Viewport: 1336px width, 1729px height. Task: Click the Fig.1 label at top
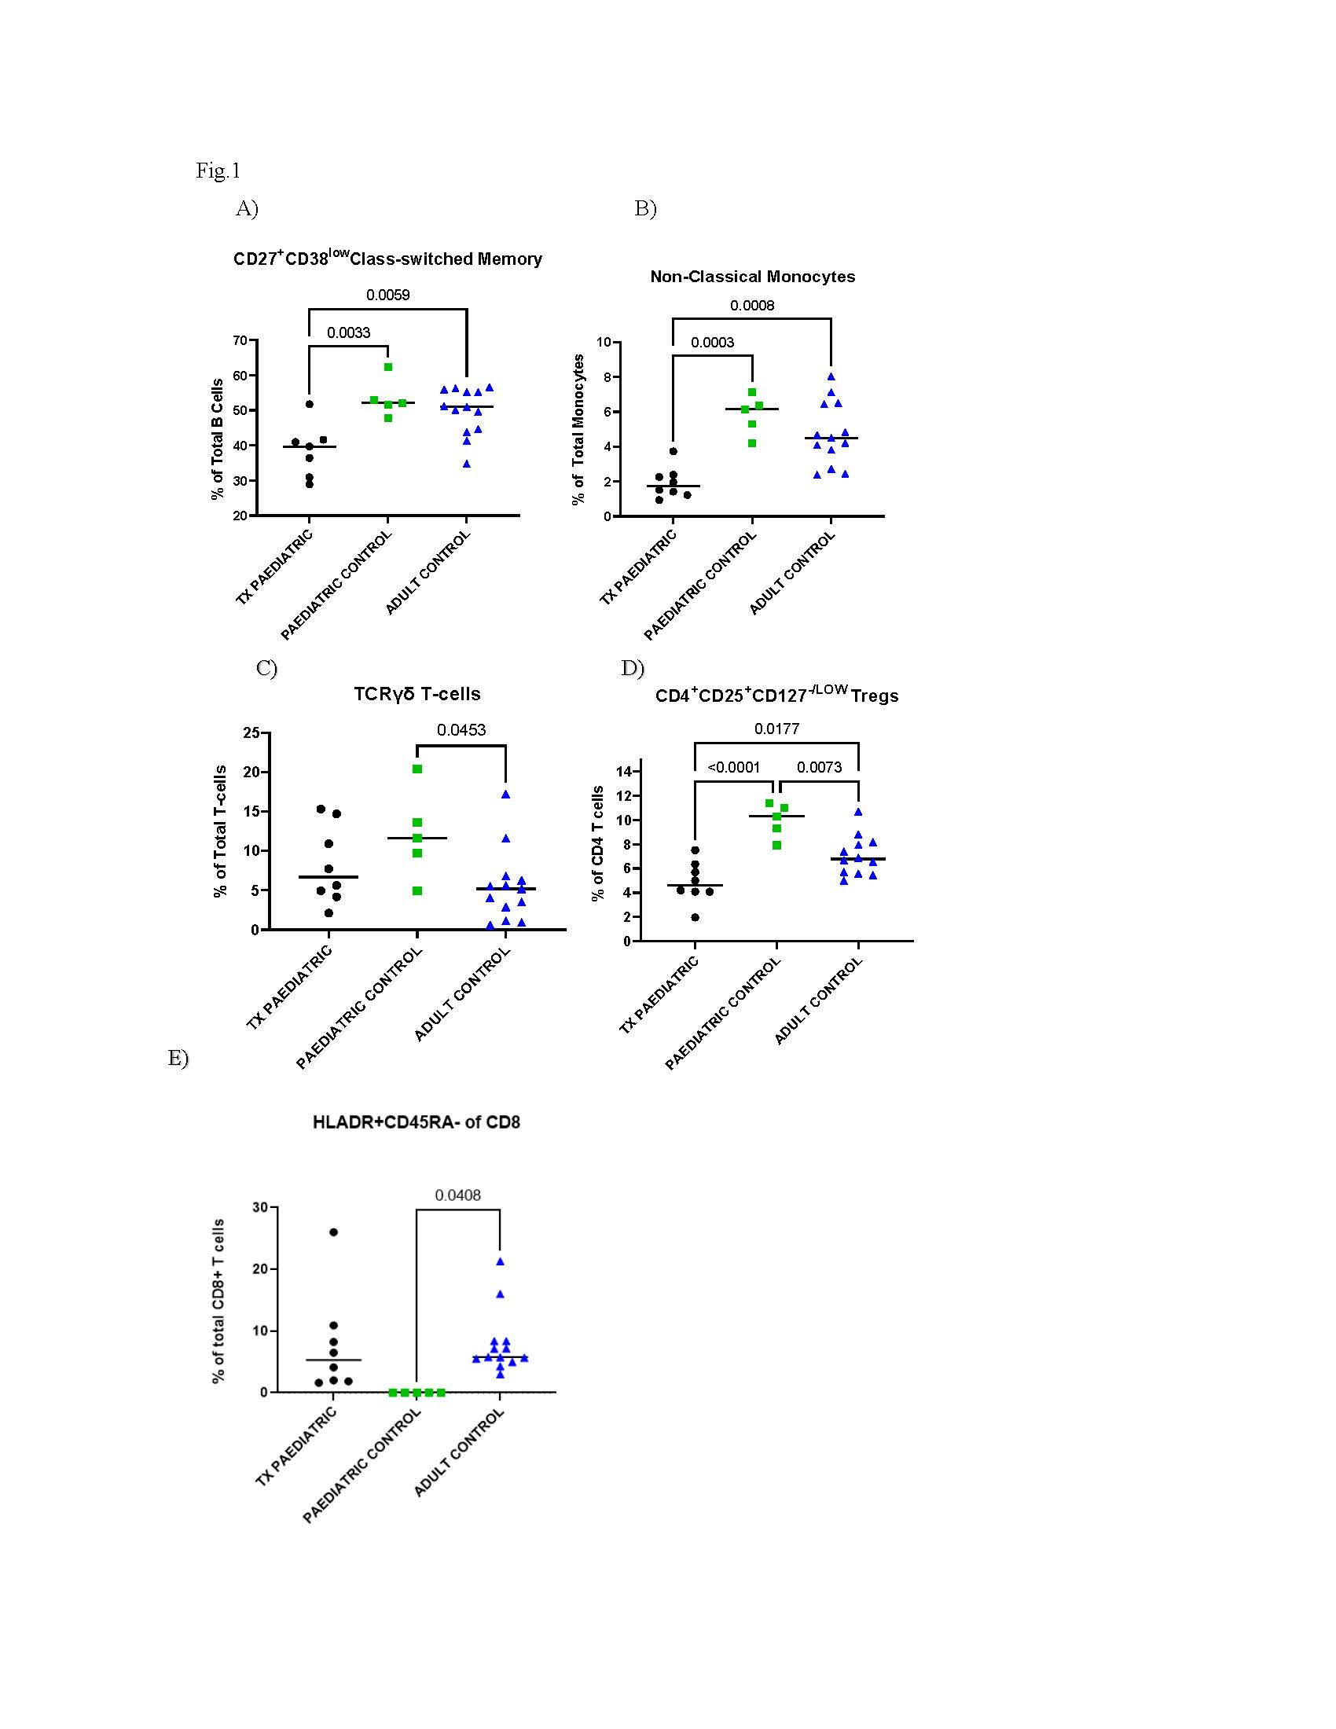tap(218, 171)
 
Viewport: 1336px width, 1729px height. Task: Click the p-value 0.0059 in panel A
tap(387, 296)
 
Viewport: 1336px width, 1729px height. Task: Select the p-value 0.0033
tap(348, 332)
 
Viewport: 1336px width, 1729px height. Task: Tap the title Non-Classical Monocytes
tap(752, 277)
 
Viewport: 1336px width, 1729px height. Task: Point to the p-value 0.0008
tap(752, 306)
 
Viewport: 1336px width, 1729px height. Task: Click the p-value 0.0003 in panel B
tap(712, 343)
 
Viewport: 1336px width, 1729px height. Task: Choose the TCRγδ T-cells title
tap(417, 694)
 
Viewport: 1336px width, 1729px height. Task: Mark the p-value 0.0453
tap(461, 730)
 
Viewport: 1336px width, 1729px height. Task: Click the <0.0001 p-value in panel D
tap(734, 767)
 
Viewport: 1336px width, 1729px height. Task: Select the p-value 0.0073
tap(819, 767)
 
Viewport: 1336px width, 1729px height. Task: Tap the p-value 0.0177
tap(776, 729)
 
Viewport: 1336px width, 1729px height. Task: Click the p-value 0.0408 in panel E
tap(457, 1195)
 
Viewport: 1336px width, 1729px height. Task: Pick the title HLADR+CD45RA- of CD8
tap(417, 1122)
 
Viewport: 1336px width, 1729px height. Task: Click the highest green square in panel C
tap(417, 769)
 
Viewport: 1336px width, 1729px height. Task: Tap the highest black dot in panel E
tap(333, 1232)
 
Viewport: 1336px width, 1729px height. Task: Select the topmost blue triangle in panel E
tap(500, 1262)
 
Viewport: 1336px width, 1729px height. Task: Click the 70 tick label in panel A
tap(240, 340)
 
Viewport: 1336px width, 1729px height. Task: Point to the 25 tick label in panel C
tap(251, 733)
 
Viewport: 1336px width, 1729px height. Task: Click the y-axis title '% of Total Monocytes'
tap(578, 429)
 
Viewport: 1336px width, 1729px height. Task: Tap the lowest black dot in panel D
tap(695, 917)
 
